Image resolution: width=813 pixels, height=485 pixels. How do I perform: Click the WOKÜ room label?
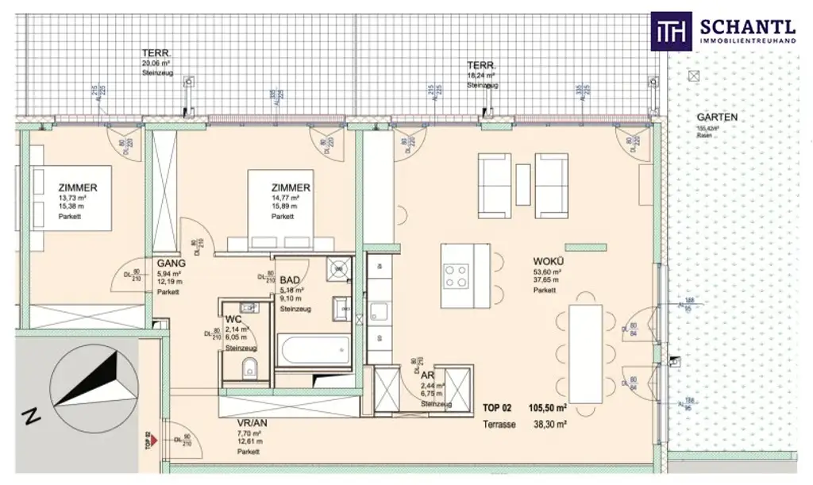(546, 261)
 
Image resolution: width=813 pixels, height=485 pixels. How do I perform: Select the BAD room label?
(289, 280)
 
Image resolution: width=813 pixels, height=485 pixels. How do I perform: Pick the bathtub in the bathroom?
(314, 350)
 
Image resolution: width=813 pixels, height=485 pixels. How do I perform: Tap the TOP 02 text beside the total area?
(499, 408)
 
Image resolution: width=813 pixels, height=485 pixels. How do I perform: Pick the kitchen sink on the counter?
(379, 310)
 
